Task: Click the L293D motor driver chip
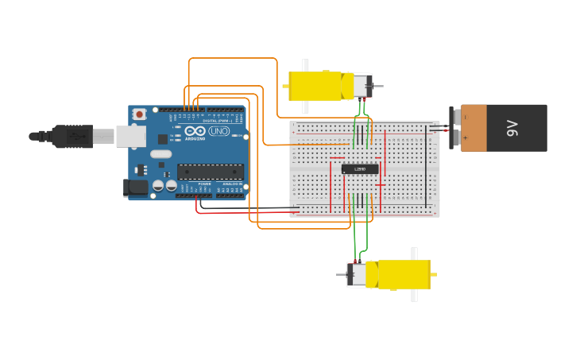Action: (x=360, y=168)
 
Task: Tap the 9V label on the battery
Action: (x=513, y=127)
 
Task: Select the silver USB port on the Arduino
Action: (x=130, y=137)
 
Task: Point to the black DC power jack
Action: (x=137, y=188)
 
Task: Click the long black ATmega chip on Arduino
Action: (x=210, y=171)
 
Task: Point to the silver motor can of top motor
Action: (x=361, y=86)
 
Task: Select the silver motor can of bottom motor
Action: (x=358, y=275)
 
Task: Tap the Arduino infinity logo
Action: (x=195, y=130)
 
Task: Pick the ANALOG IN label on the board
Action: (x=232, y=184)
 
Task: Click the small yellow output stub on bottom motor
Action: (x=434, y=275)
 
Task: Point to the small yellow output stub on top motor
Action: (x=285, y=85)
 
